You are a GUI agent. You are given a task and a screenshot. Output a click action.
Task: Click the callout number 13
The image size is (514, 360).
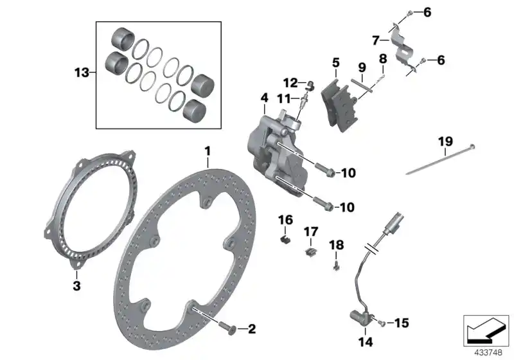(82, 72)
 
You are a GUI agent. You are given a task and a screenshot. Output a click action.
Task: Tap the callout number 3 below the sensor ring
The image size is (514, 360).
(76, 285)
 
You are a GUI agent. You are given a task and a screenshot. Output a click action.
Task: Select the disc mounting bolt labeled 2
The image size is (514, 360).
(229, 328)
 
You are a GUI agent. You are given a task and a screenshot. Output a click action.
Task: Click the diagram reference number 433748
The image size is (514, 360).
(488, 353)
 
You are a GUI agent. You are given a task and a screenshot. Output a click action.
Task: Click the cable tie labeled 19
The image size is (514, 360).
(440, 159)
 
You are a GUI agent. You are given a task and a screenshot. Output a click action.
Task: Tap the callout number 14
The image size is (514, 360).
(366, 342)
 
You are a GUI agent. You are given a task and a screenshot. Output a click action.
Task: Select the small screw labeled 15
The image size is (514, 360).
(381, 323)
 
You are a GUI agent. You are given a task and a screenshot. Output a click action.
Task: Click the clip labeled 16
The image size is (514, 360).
(285, 240)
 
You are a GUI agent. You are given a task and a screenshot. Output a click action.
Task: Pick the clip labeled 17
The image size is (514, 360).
(310, 252)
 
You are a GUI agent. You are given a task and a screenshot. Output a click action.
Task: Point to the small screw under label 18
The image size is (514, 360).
(335, 267)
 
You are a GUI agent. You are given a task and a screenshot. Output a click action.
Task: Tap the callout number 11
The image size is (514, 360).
(284, 98)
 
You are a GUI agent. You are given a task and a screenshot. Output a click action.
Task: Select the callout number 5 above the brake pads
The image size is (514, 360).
(335, 62)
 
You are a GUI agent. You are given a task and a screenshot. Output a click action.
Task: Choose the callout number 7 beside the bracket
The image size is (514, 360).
(376, 40)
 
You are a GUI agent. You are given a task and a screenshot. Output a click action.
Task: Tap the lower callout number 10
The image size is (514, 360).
(348, 207)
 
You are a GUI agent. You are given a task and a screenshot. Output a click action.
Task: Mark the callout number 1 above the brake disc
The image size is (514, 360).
(208, 152)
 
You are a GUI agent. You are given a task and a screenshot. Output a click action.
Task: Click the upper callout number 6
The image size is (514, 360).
(427, 12)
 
